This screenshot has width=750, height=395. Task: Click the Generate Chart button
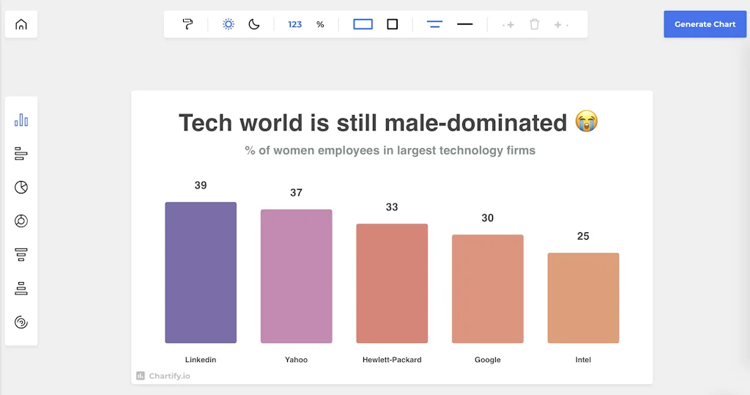pyautogui.click(x=705, y=24)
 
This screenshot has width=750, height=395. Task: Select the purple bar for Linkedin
pyautogui.click(x=201, y=272)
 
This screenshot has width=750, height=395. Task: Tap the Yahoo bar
pyautogui.click(x=296, y=276)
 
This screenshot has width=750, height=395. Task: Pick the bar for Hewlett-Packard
pyautogui.click(x=392, y=283)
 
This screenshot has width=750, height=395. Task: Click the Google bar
pyautogui.click(x=487, y=288)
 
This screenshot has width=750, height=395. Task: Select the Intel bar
pyautogui.click(x=583, y=298)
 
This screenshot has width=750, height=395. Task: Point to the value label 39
pyautogui.click(x=201, y=185)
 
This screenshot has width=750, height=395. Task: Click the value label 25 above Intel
pyautogui.click(x=583, y=236)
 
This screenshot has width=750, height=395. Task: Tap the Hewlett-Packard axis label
pyautogui.click(x=392, y=360)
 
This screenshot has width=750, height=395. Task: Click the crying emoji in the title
pyautogui.click(x=587, y=122)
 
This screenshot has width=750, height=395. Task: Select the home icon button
pyautogui.click(x=21, y=24)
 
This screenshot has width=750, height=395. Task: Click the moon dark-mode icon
pyautogui.click(x=254, y=24)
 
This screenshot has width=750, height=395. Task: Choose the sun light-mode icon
pyautogui.click(x=229, y=24)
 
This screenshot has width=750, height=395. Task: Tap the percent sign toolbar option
pyautogui.click(x=320, y=24)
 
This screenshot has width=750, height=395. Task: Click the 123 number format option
pyautogui.click(x=295, y=24)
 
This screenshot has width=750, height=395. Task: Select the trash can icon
pyautogui.click(x=535, y=24)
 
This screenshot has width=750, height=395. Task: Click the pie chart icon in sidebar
pyautogui.click(x=21, y=188)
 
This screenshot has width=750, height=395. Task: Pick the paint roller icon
pyautogui.click(x=188, y=24)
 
